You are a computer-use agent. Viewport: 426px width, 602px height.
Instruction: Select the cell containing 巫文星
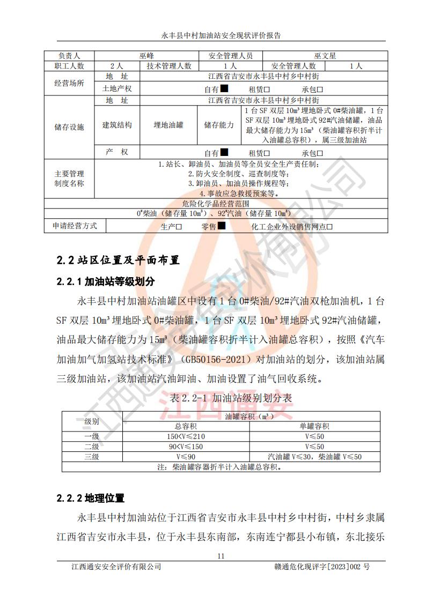pos(325,56)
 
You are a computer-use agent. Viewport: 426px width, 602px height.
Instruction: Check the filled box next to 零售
pos(221,226)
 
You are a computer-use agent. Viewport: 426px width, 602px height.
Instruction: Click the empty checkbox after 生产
pos(179,227)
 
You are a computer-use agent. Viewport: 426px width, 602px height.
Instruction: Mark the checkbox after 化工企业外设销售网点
pos(330,227)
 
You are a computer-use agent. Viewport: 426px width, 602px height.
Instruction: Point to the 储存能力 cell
pos(218,125)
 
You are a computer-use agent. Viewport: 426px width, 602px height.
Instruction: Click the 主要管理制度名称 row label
pos(69,179)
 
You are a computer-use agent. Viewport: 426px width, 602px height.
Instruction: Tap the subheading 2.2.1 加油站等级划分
pos(106,281)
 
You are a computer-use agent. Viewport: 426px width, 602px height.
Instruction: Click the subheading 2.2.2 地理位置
pos(91,499)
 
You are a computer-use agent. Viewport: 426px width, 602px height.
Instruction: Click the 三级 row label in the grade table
pos(92,457)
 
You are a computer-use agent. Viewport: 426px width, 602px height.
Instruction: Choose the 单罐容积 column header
pos(314,426)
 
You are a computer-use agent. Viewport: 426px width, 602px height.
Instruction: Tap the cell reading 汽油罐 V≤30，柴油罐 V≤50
pos(315,457)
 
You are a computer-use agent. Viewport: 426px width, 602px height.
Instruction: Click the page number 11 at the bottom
pos(221,556)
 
